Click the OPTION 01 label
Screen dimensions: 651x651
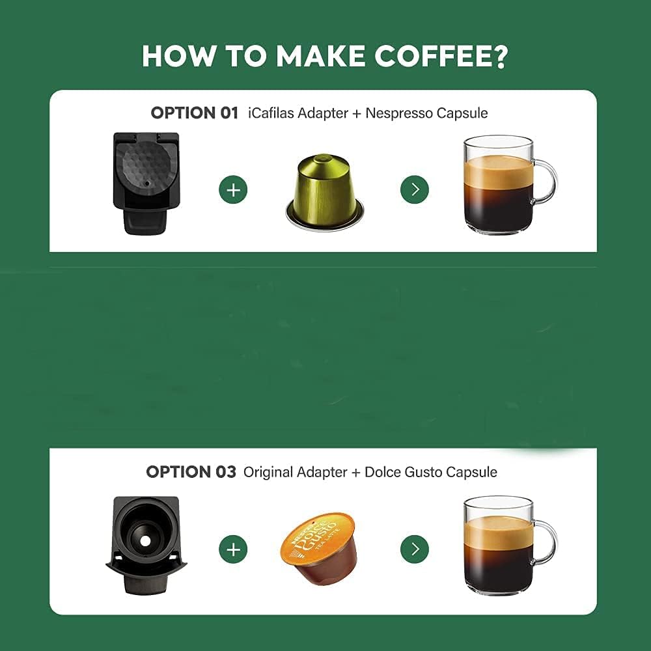194,113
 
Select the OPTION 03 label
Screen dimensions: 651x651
191,471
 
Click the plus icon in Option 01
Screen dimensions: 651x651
233,189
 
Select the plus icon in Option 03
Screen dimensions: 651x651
233,549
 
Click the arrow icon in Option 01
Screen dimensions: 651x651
414,189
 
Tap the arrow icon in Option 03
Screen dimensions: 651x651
414,549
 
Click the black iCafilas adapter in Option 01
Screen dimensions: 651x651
146,183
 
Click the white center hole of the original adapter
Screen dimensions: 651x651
145,541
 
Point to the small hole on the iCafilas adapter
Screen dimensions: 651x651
146,183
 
